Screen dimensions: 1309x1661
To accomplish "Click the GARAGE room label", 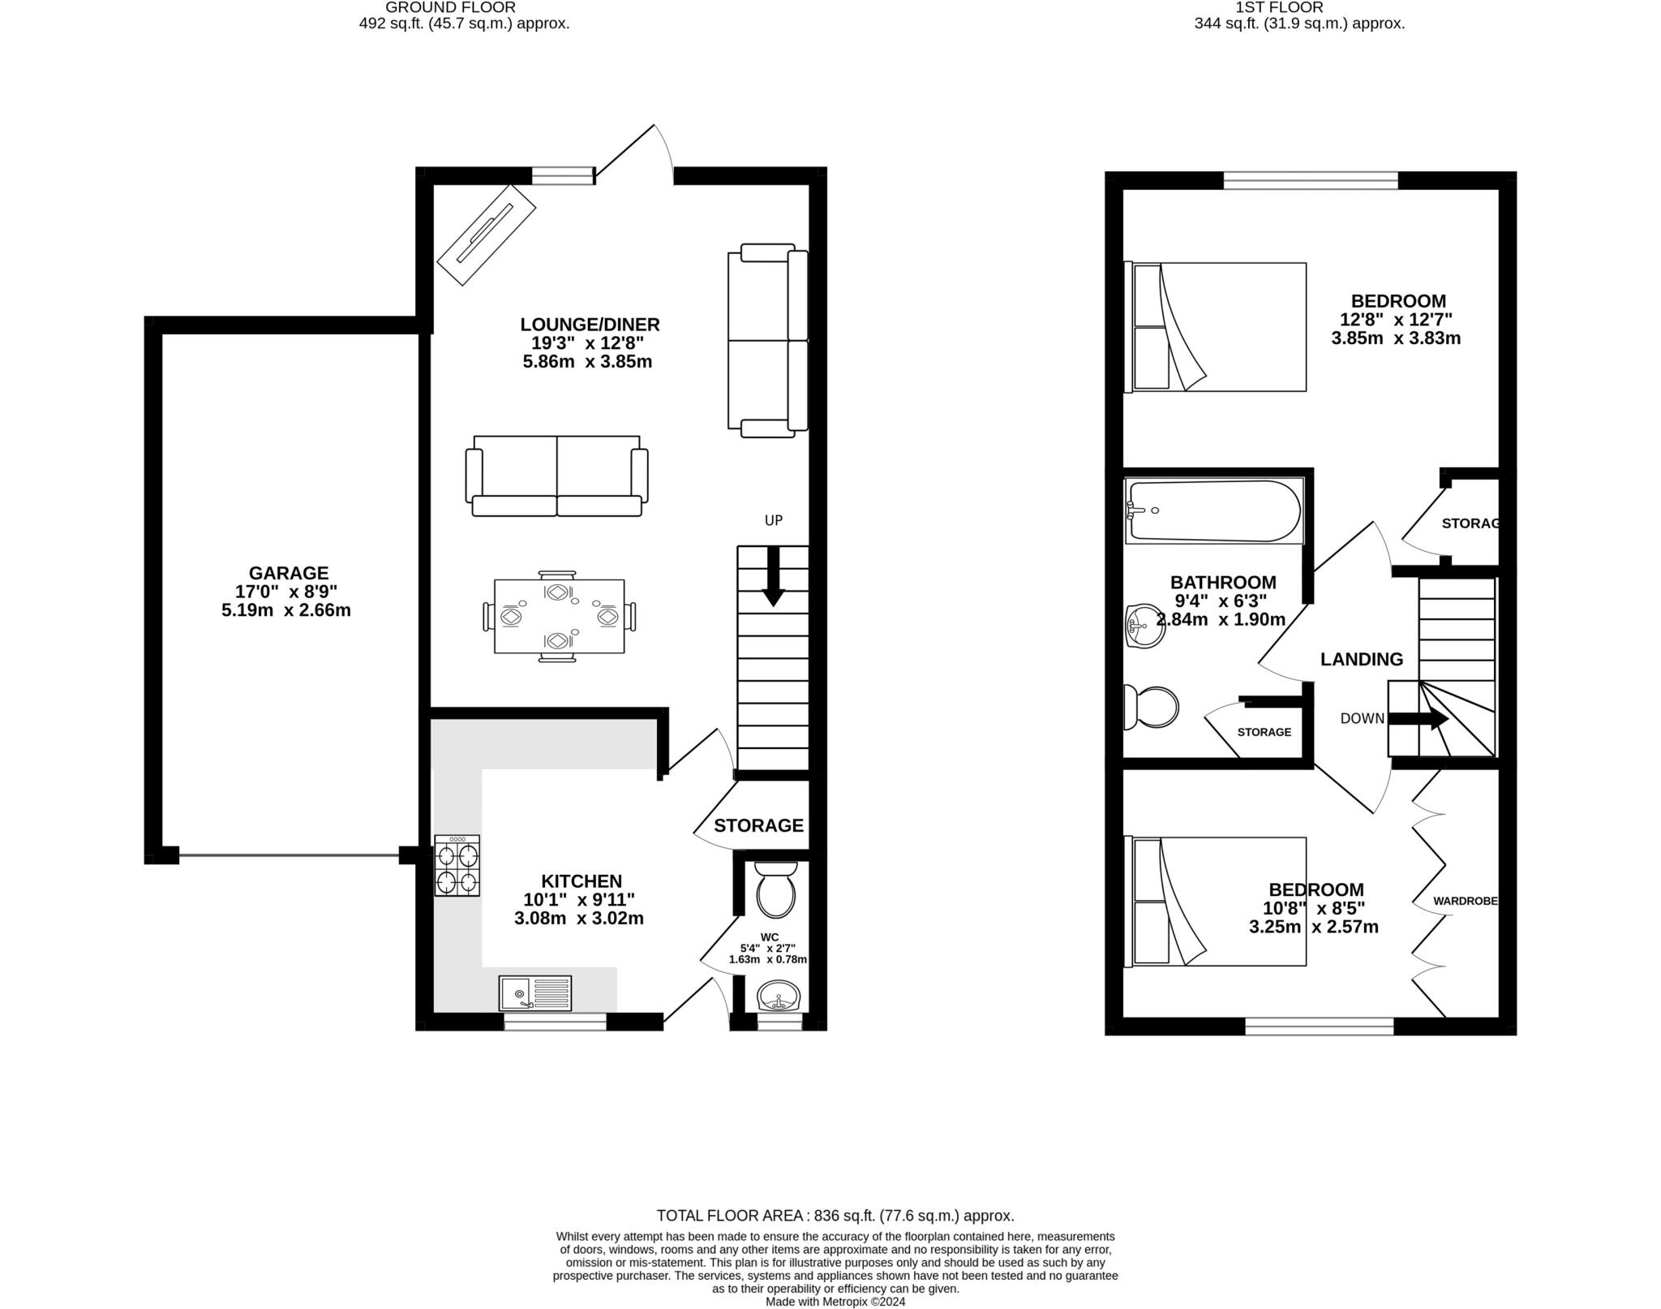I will pyautogui.click(x=288, y=573).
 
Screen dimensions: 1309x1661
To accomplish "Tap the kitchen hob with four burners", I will pyautogui.click(x=457, y=865).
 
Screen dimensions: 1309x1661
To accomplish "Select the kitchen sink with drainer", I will pyautogui.click(x=535, y=993).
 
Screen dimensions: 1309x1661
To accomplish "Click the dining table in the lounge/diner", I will pyautogui.click(x=559, y=616).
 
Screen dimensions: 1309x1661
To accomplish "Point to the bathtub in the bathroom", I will pyautogui.click(x=1214, y=511).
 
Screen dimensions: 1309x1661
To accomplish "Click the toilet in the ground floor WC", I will pyautogui.click(x=776, y=889).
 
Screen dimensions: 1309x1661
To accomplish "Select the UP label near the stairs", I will pyautogui.click(x=773, y=520).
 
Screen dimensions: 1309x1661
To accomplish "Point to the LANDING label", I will pyautogui.click(x=1361, y=659).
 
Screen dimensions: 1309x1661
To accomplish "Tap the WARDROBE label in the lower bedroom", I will pyautogui.click(x=1465, y=901).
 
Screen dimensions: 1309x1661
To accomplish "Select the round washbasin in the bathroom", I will pyautogui.click(x=1145, y=626).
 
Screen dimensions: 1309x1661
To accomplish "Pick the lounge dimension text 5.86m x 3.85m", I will pyautogui.click(x=587, y=362).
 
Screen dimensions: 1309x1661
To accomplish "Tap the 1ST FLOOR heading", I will pyautogui.click(x=1279, y=7).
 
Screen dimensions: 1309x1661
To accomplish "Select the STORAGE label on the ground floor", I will pyautogui.click(x=758, y=825).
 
